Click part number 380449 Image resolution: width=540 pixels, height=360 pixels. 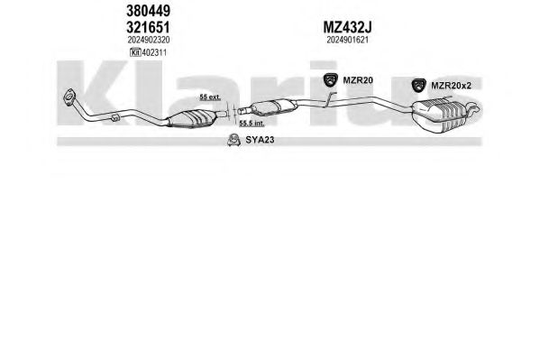pyautogui.click(x=148, y=11)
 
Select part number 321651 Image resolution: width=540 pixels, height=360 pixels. pyautogui.click(x=148, y=27)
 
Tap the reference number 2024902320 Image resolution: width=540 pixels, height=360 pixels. pyautogui.click(x=149, y=40)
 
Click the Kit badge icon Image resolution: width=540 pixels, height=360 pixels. pyautogui.click(x=136, y=52)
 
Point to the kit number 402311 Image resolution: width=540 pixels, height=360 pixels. pyautogui.click(x=154, y=52)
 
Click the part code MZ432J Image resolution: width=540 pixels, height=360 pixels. pyautogui.click(x=347, y=27)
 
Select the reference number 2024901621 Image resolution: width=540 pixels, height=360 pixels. pyautogui.click(x=347, y=40)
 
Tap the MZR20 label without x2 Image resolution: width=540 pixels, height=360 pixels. pyautogui.click(x=358, y=80)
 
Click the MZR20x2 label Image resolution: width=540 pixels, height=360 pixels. pyautogui.click(x=451, y=86)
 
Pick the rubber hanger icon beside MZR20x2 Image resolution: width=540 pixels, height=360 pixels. pyautogui.click(x=419, y=86)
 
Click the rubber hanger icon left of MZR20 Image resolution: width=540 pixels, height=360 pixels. pyautogui.click(x=331, y=80)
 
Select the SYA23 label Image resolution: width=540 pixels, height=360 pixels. pyautogui.click(x=260, y=140)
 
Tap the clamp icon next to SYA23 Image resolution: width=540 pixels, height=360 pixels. pyautogui.click(x=233, y=140)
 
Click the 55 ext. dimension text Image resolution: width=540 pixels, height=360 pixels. pyautogui.click(x=210, y=97)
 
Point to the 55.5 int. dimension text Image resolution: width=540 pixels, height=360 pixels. pyautogui.click(x=252, y=124)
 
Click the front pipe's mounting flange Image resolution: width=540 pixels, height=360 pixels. pyautogui.click(x=70, y=96)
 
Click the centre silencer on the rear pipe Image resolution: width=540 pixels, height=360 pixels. pyautogui.click(x=273, y=106)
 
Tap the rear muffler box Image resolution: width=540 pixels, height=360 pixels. pyautogui.click(x=439, y=116)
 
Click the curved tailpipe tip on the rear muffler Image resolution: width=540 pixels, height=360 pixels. pyautogui.click(x=472, y=108)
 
